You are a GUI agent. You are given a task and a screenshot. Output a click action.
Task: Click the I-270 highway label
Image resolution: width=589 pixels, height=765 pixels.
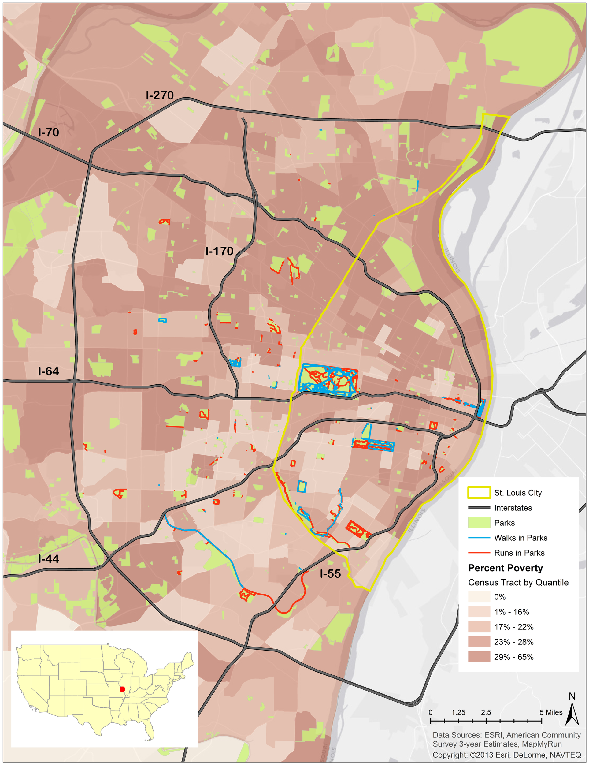[160, 95]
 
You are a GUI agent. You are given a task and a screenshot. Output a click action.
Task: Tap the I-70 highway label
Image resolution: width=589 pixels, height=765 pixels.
[49, 132]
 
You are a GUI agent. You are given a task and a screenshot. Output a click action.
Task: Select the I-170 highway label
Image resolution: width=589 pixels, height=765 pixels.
[220, 251]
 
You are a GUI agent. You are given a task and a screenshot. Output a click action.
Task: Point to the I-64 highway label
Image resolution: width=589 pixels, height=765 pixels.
[49, 371]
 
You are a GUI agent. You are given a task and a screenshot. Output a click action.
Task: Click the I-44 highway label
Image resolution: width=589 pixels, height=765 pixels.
[49, 559]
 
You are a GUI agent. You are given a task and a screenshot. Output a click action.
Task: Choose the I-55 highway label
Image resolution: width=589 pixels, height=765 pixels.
[330, 574]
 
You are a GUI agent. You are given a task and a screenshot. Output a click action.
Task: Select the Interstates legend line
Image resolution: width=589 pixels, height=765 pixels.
[479, 508]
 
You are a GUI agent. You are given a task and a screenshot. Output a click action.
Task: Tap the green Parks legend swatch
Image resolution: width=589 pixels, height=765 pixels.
[479, 523]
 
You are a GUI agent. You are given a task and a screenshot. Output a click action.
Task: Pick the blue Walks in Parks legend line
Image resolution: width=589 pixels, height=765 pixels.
[479, 538]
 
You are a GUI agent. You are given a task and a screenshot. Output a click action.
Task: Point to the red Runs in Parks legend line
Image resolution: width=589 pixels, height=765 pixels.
[479, 553]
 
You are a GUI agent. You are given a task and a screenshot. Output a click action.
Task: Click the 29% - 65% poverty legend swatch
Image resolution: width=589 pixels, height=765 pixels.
[479, 657]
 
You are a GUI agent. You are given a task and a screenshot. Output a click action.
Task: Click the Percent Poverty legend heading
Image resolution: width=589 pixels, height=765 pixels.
[505, 568]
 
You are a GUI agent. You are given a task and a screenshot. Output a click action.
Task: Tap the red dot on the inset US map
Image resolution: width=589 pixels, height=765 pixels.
[122, 689]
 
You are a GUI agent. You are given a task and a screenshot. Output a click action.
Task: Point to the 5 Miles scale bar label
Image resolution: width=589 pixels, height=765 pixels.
[551, 712]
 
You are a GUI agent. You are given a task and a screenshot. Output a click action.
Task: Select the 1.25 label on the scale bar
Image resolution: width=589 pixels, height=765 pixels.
[458, 712]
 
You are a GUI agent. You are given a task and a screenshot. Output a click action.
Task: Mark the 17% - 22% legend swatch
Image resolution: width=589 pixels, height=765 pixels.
[479, 627]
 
